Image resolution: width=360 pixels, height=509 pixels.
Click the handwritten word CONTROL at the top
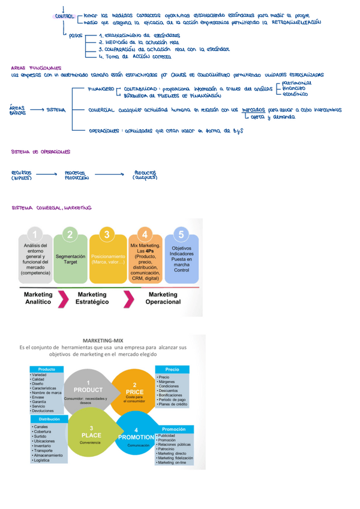(x=65, y=16)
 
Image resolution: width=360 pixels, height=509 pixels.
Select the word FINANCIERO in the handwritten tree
(x=101, y=88)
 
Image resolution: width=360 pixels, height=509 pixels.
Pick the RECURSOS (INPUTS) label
(x=21, y=175)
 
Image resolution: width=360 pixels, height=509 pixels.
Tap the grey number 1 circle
(x=37, y=234)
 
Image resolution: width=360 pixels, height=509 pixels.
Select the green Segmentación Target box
(x=71, y=259)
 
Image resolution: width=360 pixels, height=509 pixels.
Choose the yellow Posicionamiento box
(x=107, y=259)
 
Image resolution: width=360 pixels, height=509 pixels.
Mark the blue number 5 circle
(x=181, y=234)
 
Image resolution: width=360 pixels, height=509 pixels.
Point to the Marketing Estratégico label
(x=92, y=298)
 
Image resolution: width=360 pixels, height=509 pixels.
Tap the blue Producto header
(x=47, y=369)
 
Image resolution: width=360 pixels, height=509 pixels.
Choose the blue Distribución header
(x=47, y=419)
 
